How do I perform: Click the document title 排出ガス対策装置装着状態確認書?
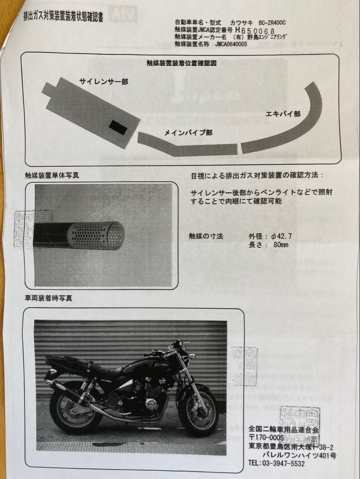click(x=63, y=17)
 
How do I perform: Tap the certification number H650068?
click(x=255, y=30)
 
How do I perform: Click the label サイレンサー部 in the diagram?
click(x=103, y=82)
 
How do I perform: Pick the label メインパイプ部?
click(x=188, y=133)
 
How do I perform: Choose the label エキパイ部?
click(x=283, y=114)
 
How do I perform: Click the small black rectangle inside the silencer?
click(x=118, y=128)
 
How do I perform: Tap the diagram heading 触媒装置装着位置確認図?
click(x=182, y=63)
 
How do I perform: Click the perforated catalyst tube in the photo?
click(x=96, y=235)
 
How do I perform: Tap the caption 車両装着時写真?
click(x=48, y=298)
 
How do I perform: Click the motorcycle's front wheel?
click(x=198, y=412)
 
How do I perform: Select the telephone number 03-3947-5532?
click(x=281, y=463)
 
